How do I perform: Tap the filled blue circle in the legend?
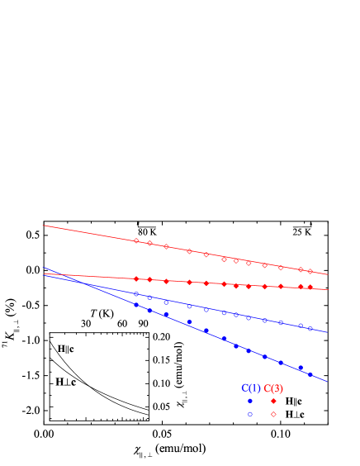point(250,401)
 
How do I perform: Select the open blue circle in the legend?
point(250,414)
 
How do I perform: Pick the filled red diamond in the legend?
point(273,401)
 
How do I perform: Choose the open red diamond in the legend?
point(273,414)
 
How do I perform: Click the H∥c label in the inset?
point(65,349)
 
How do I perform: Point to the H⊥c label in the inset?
point(66,383)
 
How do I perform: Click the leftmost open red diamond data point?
point(136,240)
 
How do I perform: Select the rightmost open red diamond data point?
point(310,271)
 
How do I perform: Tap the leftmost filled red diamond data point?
point(136,278)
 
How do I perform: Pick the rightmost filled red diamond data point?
point(310,287)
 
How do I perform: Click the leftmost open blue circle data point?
point(136,293)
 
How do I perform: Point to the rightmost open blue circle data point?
point(310,329)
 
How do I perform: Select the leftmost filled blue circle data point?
point(136,304)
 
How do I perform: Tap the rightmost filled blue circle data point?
point(310,374)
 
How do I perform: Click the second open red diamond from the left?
point(149,243)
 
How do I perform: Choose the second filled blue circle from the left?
point(149,311)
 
